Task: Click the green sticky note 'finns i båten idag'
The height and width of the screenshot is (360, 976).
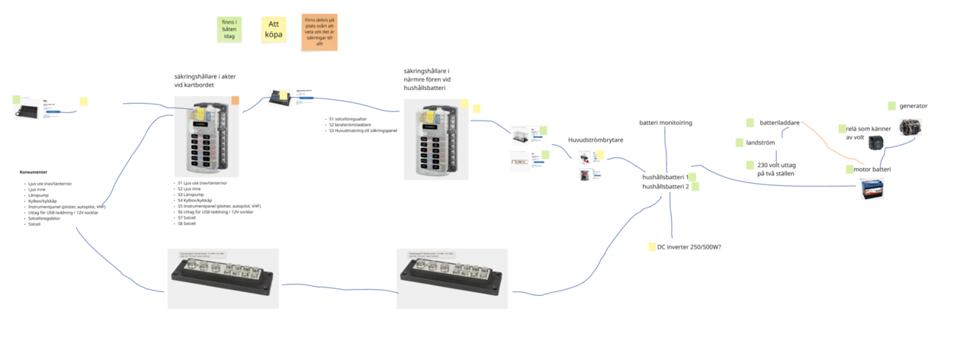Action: (229, 29)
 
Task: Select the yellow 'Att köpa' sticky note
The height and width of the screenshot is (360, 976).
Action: (274, 30)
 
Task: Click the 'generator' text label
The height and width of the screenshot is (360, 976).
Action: (913, 106)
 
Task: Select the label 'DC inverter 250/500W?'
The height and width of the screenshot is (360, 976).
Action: (689, 247)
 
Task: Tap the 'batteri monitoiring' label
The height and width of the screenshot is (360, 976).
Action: (666, 123)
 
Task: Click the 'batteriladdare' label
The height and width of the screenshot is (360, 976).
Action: (779, 122)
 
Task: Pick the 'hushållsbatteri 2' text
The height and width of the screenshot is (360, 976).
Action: (666, 187)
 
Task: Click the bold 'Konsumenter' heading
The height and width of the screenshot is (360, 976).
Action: (34, 172)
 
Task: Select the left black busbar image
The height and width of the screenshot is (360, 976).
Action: (223, 278)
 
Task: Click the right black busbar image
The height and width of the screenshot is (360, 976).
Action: (452, 278)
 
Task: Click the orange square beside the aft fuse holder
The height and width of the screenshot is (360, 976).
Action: (235, 101)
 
